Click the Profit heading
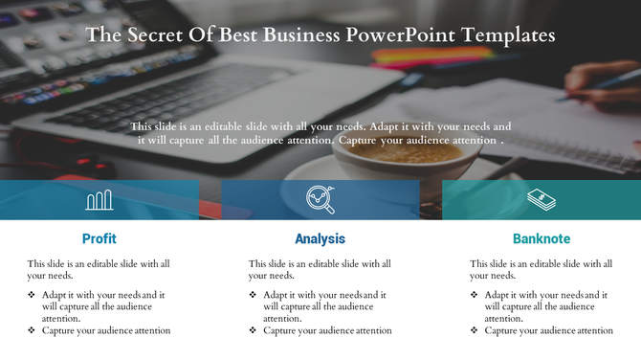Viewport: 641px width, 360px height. pos(99,239)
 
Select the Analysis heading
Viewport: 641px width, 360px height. pos(320,239)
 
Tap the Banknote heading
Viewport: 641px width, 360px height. pos(542,239)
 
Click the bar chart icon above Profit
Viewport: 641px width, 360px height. pos(99,200)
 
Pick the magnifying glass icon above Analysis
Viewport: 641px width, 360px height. pos(320,199)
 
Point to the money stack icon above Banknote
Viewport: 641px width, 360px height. pos(542,199)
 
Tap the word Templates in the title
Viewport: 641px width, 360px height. pos(508,36)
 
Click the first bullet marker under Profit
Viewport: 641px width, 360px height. pos(33,296)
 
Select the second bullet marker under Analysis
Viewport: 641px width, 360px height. pos(254,330)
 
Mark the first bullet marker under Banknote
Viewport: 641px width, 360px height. pos(475,296)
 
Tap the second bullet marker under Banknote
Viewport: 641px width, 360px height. pos(475,330)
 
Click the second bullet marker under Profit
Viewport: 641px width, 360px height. pos(33,330)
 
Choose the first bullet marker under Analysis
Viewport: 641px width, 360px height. pos(254,296)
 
